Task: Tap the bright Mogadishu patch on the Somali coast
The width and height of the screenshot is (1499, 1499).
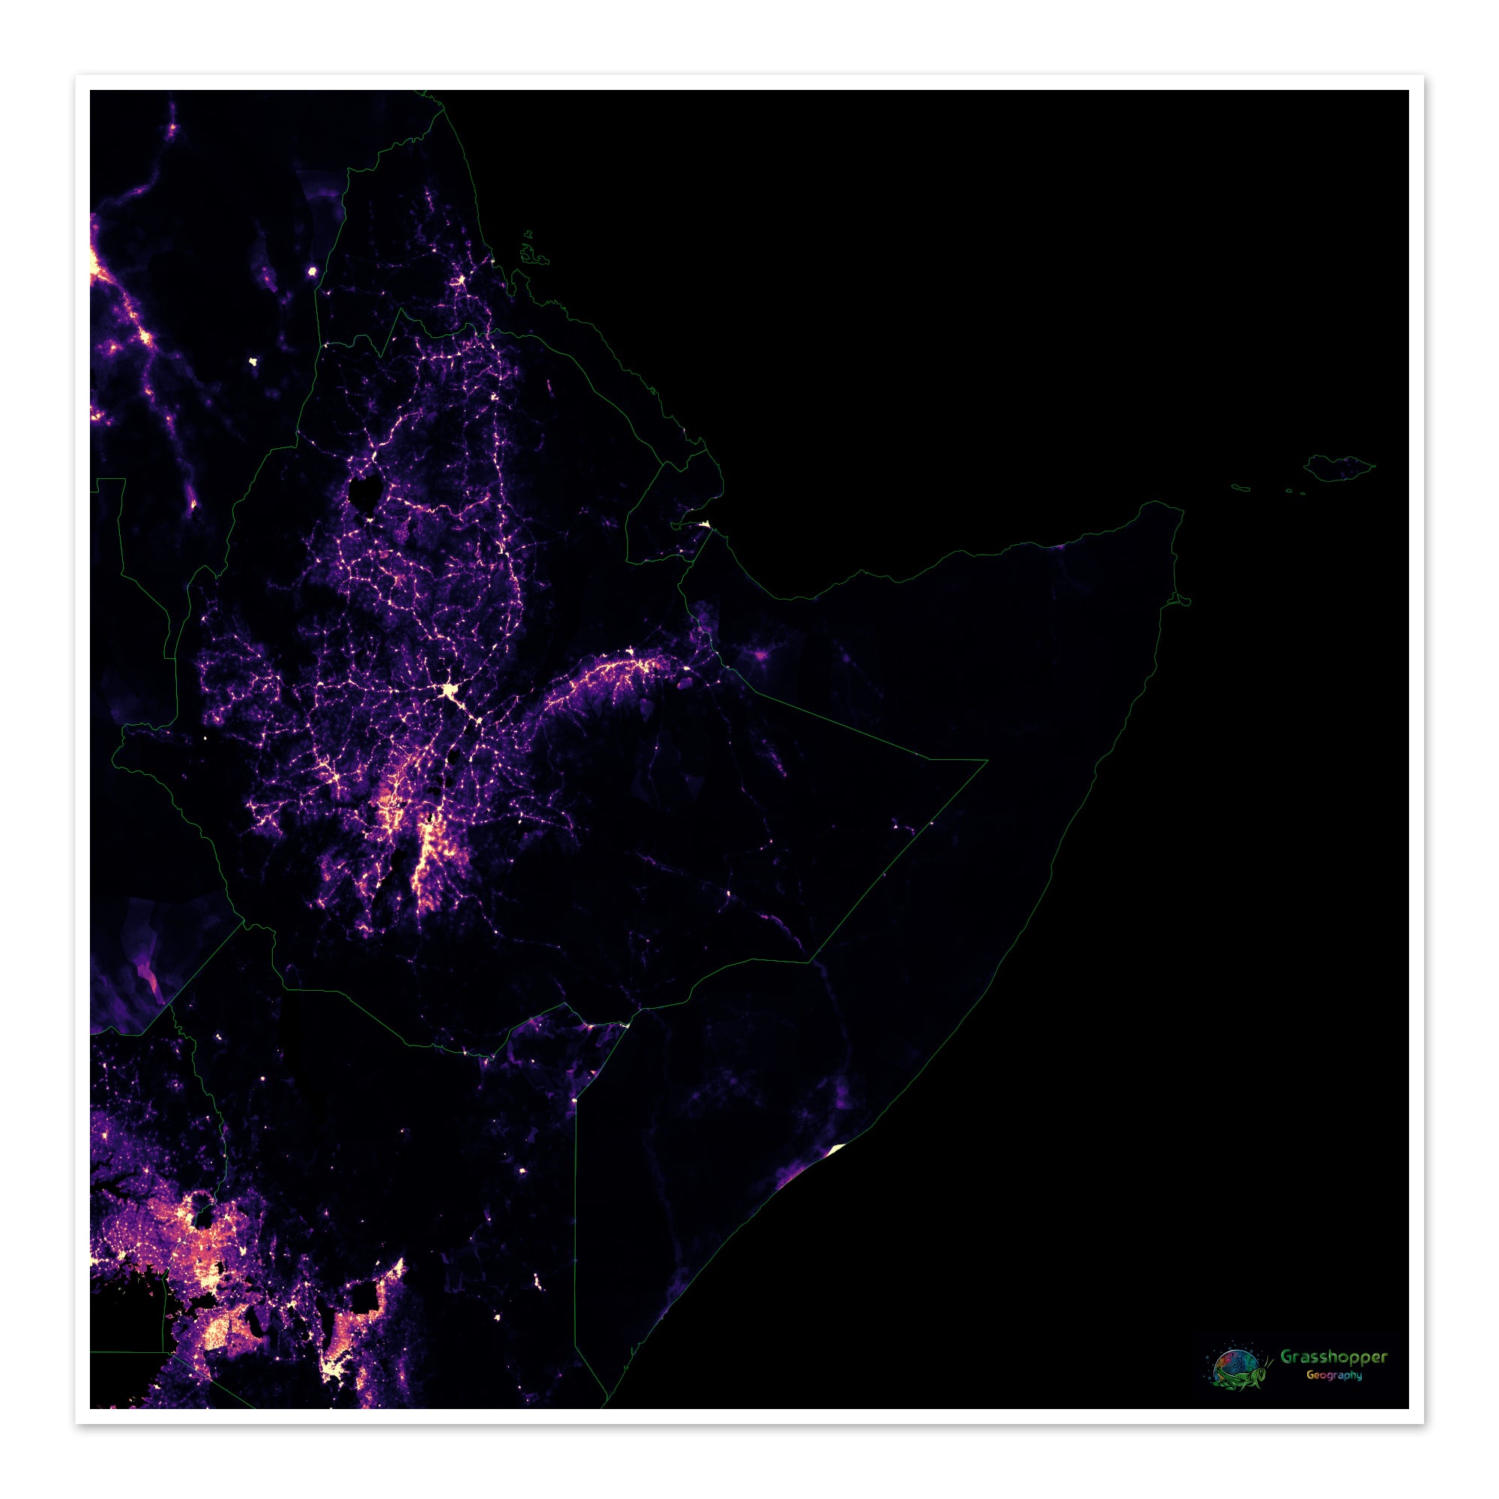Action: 836,1150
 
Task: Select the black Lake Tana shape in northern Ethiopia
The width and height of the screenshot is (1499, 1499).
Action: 365,492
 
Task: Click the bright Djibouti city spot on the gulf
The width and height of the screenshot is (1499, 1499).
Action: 705,525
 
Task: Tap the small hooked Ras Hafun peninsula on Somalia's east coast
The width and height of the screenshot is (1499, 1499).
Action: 1181,599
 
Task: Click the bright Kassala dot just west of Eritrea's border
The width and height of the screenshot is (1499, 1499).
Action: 313,271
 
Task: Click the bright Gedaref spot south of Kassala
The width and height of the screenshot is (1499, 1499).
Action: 254,361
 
